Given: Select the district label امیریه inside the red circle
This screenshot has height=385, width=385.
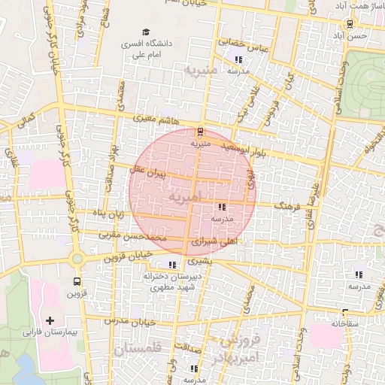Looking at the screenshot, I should [x=185, y=198].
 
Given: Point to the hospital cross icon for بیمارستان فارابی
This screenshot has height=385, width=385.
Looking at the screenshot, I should [x=50, y=320].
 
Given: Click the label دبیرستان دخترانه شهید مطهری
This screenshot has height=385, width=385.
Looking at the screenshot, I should [x=174, y=282].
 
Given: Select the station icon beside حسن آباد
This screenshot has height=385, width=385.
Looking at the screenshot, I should [x=359, y=23].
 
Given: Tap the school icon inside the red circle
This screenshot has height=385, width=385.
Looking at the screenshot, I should [x=221, y=207].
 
